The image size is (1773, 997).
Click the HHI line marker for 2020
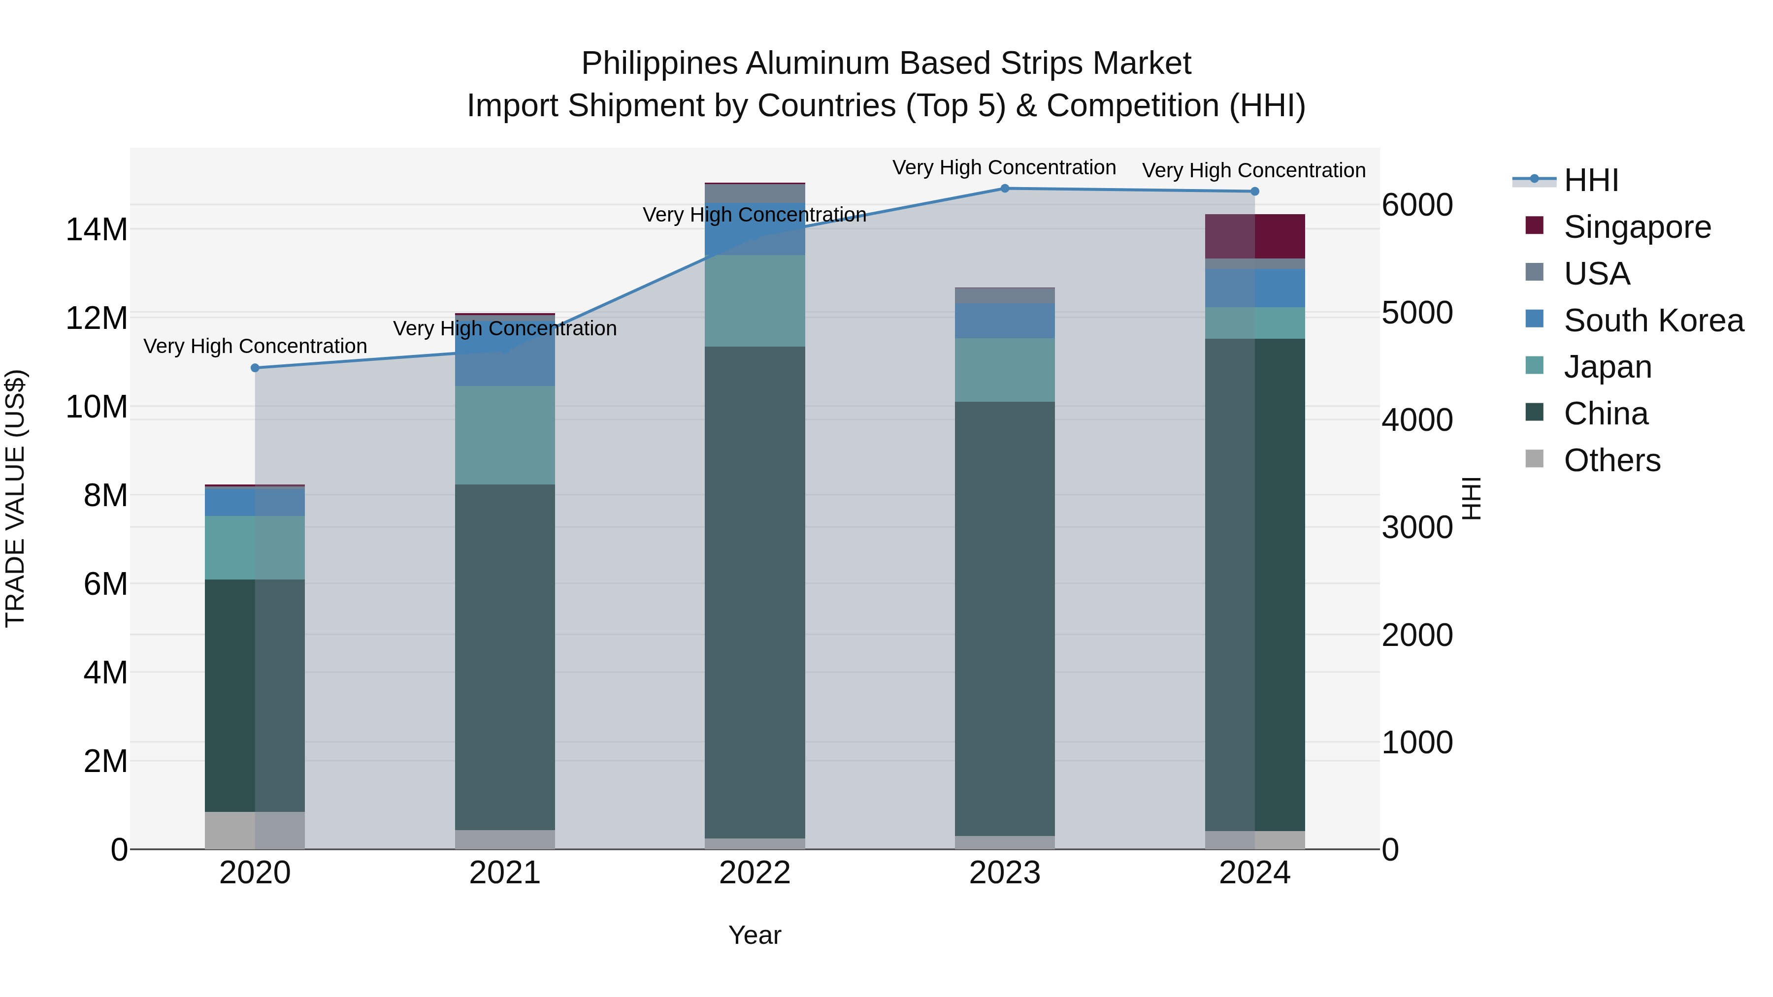255,368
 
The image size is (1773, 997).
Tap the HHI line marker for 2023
1004,189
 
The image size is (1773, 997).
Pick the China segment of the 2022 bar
755,592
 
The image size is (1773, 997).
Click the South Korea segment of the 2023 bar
1004,321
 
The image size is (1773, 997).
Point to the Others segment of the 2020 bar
255,831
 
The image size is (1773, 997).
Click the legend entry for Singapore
1637,227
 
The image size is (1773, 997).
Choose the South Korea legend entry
1653,321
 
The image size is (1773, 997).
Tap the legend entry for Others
1612,460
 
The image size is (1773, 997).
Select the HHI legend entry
1591,180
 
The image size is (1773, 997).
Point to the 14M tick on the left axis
97,229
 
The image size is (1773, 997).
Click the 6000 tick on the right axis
1417,205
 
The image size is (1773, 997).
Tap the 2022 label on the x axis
755,873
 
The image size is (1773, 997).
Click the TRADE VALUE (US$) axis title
15,498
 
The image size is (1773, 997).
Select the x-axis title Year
755,935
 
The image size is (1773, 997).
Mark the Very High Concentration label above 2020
255,346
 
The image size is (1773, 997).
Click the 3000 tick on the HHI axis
1417,528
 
